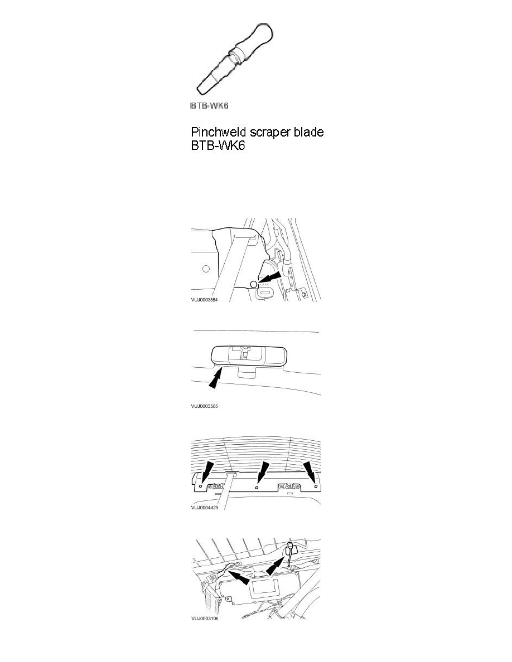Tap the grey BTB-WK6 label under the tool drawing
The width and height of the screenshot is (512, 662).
click(x=210, y=105)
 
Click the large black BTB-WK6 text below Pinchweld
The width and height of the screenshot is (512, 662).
click(x=218, y=146)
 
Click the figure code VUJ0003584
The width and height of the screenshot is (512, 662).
click(x=204, y=300)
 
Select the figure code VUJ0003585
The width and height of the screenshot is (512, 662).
click(x=204, y=406)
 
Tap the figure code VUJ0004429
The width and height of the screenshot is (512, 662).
click(x=204, y=508)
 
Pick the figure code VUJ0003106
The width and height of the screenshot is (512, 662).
click(x=205, y=619)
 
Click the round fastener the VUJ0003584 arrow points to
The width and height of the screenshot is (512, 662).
click(x=253, y=284)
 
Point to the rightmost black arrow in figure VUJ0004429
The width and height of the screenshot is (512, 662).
click(x=310, y=472)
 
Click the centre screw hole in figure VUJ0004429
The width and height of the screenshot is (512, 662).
click(x=257, y=487)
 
